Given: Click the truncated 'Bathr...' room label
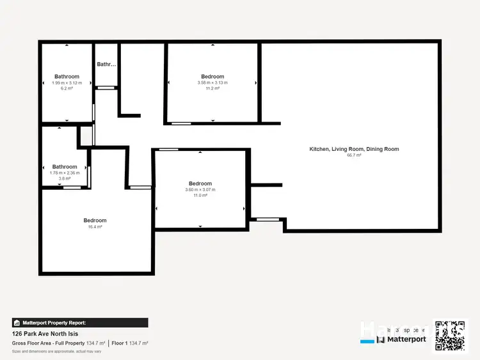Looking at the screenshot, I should [x=106, y=64].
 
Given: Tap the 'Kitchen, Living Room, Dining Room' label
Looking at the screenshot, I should [x=354, y=149].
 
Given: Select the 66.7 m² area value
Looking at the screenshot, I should [x=354, y=155].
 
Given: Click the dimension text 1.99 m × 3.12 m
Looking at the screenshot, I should [x=67, y=83].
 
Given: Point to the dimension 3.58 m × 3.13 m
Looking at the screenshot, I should [x=212, y=83].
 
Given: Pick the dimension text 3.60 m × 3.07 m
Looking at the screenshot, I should [x=200, y=190].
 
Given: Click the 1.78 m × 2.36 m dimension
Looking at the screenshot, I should [x=65, y=173].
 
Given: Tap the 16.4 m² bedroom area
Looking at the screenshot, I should [x=95, y=227].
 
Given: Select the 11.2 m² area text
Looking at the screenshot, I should [x=212, y=89].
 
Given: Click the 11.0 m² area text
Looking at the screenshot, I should [x=200, y=196].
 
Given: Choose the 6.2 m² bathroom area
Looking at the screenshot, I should [x=67, y=89].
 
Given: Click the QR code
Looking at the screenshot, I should [x=450, y=335].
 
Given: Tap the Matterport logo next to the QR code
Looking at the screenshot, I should [x=404, y=340].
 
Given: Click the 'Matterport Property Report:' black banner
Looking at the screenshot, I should [x=80, y=323].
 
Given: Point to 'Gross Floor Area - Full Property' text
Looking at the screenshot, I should [x=47, y=343].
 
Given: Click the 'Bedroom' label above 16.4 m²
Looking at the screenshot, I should [x=95, y=221].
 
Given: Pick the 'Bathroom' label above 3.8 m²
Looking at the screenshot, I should [x=65, y=167].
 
